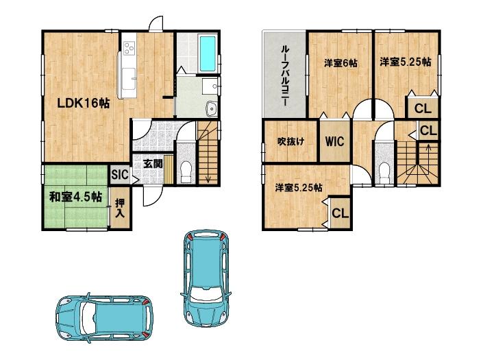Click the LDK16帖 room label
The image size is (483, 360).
(x=84, y=104)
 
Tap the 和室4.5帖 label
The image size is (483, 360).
(x=76, y=197)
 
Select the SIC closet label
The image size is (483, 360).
(x=119, y=175)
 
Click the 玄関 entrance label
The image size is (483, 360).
(x=153, y=164)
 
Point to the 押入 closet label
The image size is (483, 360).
(x=120, y=208)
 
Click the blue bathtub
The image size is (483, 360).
(x=208, y=53)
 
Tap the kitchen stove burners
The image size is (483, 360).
(x=129, y=48)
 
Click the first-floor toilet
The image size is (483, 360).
(x=186, y=172)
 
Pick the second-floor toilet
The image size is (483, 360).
(x=384, y=173)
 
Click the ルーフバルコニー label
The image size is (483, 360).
(x=285, y=76)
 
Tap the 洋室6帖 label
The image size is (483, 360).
(x=340, y=63)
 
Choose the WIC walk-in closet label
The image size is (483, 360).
(x=335, y=141)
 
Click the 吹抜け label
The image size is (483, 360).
(x=290, y=141)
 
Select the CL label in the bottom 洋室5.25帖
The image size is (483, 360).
(x=340, y=213)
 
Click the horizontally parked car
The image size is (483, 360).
(x=104, y=318)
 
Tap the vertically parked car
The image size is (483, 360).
(x=206, y=278)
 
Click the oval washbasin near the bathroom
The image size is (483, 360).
(x=212, y=108)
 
